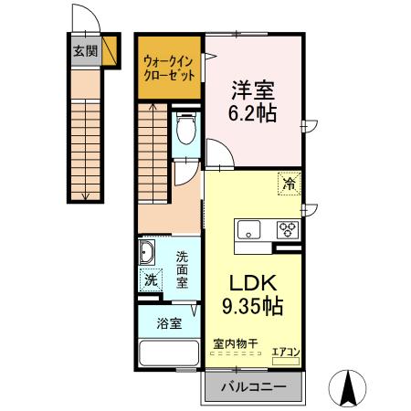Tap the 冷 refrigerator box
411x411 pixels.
(x=289, y=184)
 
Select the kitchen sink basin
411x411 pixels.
(x=249, y=229)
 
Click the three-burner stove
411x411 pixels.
(x=288, y=229)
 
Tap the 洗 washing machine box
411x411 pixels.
(x=149, y=280)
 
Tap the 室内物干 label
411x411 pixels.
(x=236, y=343)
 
